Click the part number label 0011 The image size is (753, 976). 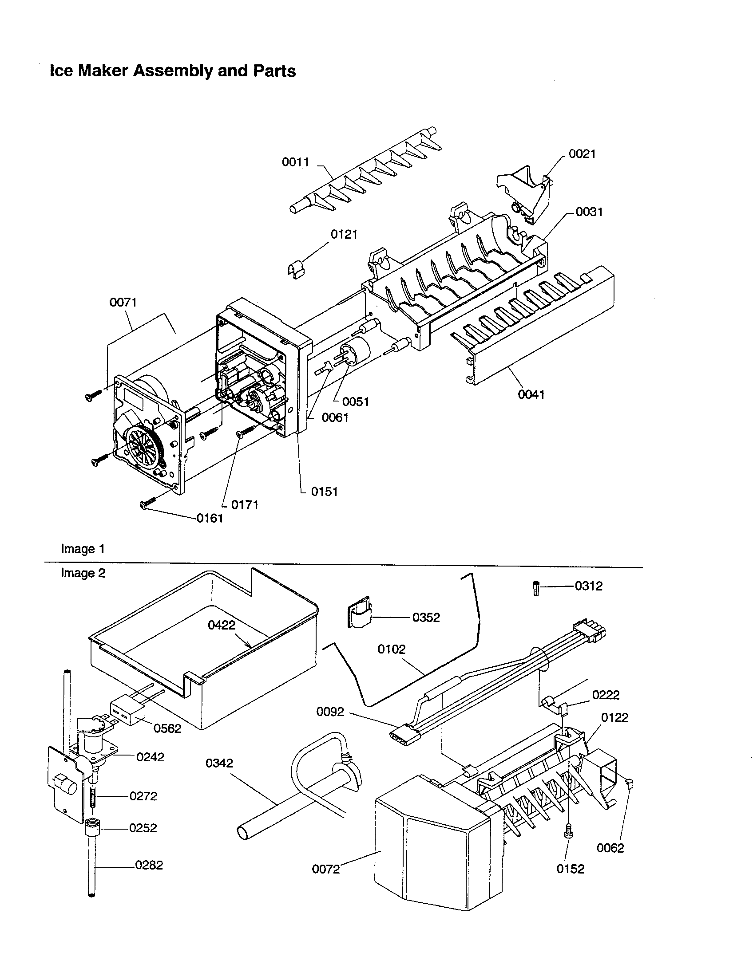point(295,162)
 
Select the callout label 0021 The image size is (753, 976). point(582,154)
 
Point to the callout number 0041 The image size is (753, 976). point(531,394)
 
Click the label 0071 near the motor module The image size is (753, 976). point(123,302)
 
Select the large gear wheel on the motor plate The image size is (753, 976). point(143,447)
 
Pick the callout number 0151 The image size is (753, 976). point(324,492)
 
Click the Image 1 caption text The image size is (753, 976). point(83,549)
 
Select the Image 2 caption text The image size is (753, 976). point(83,573)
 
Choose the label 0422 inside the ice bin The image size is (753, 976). point(222,625)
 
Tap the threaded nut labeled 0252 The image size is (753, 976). point(92,828)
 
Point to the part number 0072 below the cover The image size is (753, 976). point(325,869)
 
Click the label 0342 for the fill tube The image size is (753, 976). point(219,763)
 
